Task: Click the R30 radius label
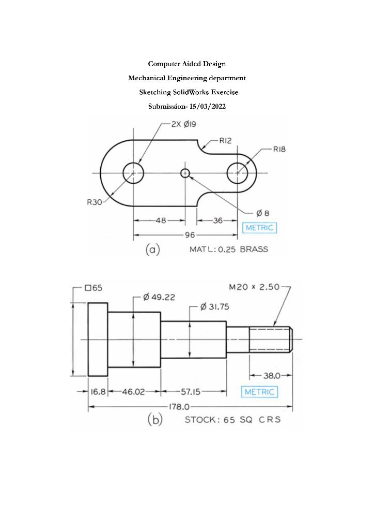pos(94,202)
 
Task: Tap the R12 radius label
pos(225,140)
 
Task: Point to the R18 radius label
pos(279,149)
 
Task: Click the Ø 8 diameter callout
pos(263,213)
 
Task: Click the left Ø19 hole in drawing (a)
pos(133,173)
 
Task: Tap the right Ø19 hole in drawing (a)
pos(237,173)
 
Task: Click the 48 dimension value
pos(161,220)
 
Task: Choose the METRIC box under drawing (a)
pos(260,228)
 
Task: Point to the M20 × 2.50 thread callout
pos(254,287)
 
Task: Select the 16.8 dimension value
pos(98,392)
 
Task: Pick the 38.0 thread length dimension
pos(271,375)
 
